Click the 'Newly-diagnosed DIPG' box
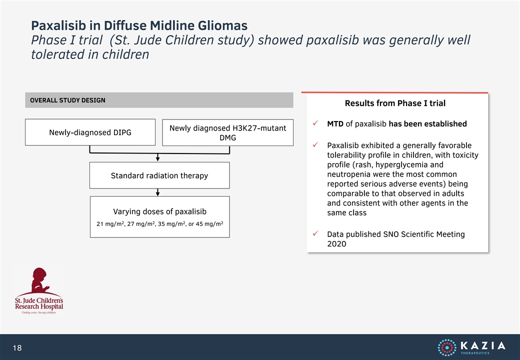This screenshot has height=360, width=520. [90, 132]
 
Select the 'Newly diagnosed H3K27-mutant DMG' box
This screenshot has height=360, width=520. [228, 132]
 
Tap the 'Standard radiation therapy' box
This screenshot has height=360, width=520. [159, 175]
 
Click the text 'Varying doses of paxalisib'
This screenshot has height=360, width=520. [160, 211]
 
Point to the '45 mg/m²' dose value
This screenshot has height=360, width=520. [209, 224]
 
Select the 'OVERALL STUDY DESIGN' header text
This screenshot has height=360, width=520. [67, 100]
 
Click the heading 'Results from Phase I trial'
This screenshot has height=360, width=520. [395, 103]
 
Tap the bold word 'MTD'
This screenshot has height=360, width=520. [335, 124]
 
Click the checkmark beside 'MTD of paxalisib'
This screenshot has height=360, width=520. [315, 123]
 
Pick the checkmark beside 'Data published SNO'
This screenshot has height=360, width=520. [315, 233]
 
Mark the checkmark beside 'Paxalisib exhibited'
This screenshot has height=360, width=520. [315, 145]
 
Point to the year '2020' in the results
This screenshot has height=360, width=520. [336, 244]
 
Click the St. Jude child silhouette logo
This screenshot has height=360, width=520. [39, 281]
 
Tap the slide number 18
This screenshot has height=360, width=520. [17, 347]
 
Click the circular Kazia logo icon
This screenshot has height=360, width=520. [447, 347]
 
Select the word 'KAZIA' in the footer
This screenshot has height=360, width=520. [483, 345]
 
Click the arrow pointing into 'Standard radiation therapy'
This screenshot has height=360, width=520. [158, 157]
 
